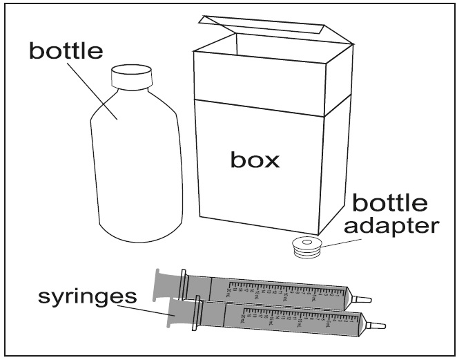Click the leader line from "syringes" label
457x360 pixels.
tap(148, 312)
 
